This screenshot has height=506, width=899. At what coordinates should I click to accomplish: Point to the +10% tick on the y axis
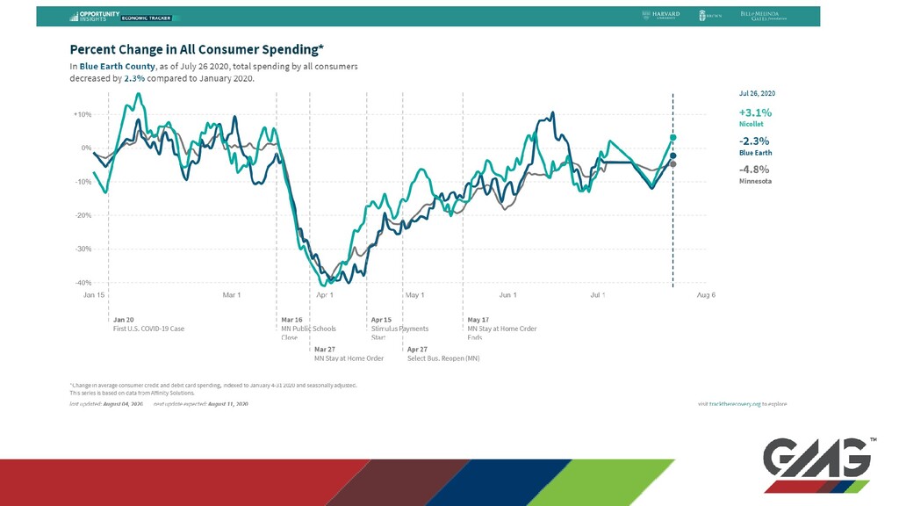click(83, 114)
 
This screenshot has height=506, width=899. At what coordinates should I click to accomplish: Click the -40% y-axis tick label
click(83, 283)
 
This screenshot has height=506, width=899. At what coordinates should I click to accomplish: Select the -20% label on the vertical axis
click(83, 215)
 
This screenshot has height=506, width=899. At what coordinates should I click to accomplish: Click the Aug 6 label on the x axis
click(706, 295)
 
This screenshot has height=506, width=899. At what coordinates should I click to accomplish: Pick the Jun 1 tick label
click(507, 295)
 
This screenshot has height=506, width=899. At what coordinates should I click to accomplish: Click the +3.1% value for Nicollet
click(754, 112)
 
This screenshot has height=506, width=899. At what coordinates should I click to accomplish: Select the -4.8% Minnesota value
click(754, 169)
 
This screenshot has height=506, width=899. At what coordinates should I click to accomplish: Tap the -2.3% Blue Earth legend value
click(754, 141)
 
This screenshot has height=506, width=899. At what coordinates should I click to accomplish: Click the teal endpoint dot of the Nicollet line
click(673, 137)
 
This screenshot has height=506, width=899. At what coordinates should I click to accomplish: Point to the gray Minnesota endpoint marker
click(673, 164)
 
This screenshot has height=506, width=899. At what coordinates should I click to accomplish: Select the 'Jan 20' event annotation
click(124, 319)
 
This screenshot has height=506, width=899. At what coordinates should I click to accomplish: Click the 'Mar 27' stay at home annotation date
click(325, 349)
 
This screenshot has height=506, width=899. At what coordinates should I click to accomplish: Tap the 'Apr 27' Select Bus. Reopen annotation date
click(418, 349)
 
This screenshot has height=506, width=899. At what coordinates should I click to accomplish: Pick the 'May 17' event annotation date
click(478, 319)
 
